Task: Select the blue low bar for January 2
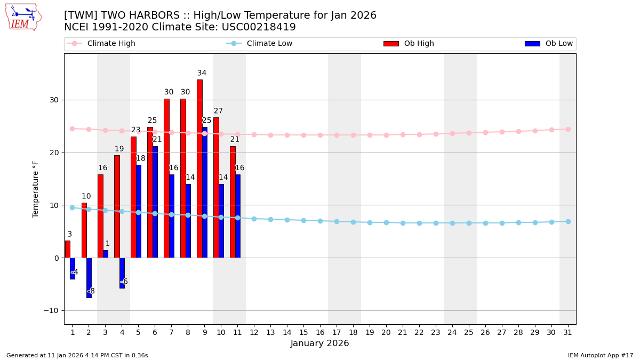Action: coord(89,277)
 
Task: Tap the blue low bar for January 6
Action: coord(155,202)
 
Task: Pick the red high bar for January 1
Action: coord(67,249)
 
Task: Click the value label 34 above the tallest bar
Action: coord(202,73)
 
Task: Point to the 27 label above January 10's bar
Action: coord(218,111)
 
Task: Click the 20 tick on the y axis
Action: coord(54,153)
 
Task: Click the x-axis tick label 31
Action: coord(567,332)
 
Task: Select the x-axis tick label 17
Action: coord(337,332)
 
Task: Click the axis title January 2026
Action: coord(320,343)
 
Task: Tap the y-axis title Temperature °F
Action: coord(36,189)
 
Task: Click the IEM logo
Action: coord(23,17)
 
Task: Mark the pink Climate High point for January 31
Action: coord(568,129)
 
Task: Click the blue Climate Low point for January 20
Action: coord(386,222)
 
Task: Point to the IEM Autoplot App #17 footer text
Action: coord(601,355)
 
